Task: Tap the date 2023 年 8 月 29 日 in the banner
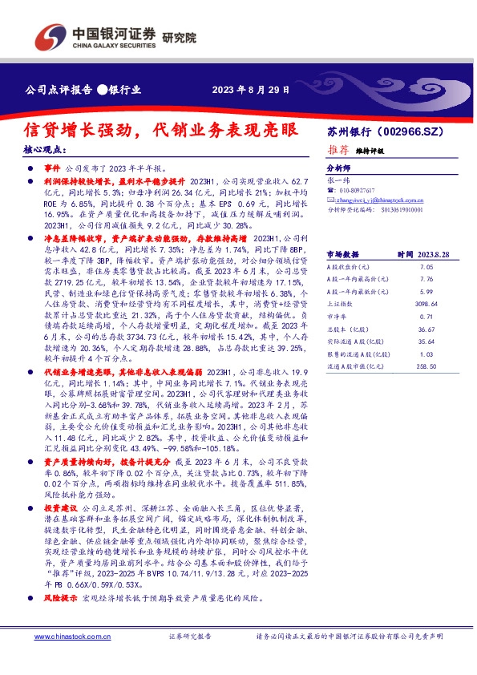coord(250,89)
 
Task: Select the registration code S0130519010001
coord(398,210)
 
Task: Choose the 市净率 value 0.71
coord(426,317)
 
